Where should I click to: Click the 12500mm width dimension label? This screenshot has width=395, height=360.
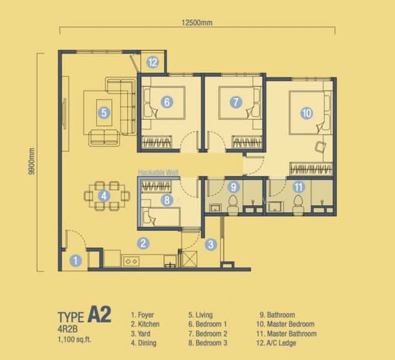(197, 23)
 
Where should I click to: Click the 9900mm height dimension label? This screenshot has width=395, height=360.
(31, 161)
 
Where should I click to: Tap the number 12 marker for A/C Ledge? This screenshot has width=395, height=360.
(152, 62)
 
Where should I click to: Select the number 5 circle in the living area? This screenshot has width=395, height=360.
(104, 113)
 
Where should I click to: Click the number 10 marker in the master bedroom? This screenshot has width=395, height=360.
(307, 113)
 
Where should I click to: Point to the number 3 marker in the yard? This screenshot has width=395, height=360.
(211, 244)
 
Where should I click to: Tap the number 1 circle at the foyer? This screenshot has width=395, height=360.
(75, 260)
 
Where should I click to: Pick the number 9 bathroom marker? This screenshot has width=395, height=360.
(234, 187)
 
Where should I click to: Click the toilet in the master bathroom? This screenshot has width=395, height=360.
(298, 205)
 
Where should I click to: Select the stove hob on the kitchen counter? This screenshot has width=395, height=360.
(131, 262)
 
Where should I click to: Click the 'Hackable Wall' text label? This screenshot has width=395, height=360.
(158, 172)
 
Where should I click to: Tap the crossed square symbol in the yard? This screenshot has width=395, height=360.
(190, 259)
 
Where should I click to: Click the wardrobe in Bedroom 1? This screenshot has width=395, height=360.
(157, 142)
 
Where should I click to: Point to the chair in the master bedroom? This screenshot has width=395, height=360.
(320, 147)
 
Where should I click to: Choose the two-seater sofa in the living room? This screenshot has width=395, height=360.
(104, 138)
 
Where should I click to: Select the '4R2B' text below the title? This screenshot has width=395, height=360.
(67, 329)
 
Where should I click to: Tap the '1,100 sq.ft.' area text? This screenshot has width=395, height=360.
(74, 340)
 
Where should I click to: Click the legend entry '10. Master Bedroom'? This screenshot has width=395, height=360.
(285, 324)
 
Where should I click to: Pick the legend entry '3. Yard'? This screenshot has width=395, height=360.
(140, 334)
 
